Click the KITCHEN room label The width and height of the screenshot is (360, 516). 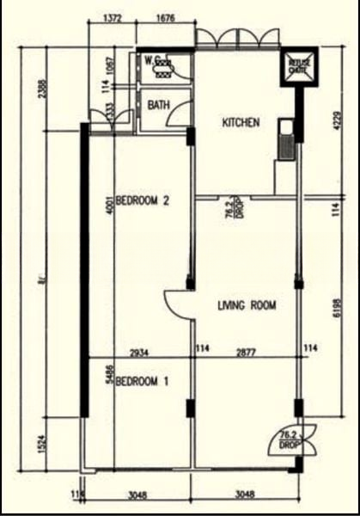pyautogui.click(x=241, y=123)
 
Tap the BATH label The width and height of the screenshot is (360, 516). pyautogui.click(x=159, y=106)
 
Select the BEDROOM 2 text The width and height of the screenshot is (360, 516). pyautogui.click(x=143, y=202)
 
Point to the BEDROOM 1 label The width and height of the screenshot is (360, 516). pyautogui.click(x=143, y=381)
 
